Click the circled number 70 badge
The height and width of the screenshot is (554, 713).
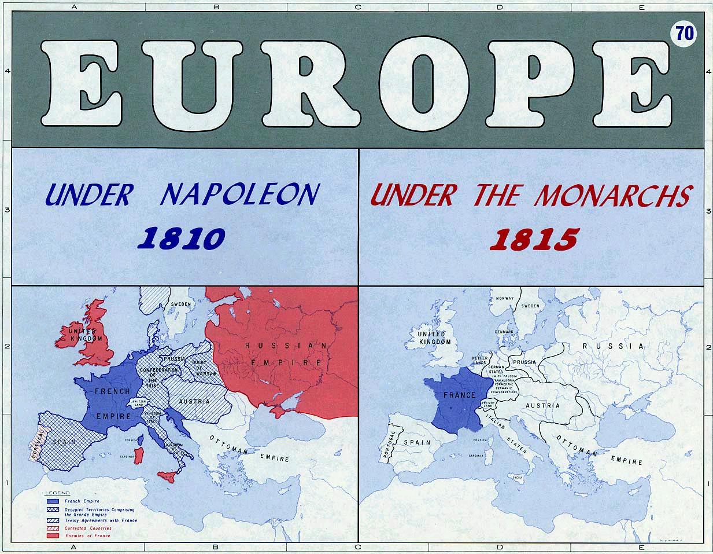click(x=684, y=34)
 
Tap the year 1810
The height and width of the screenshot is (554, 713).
click(x=183, y=238)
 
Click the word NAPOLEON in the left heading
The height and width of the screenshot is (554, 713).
click(x=238, y=195)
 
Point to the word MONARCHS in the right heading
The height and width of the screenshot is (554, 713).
click(x=612, y=196)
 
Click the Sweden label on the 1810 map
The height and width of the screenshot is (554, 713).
click(x=181, y=304)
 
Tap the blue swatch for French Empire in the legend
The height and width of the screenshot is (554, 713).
click(x=53, y=501)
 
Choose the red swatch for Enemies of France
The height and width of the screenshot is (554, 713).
click(x=53, y=535)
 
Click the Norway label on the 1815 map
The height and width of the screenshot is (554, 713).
click(x=505, y=299)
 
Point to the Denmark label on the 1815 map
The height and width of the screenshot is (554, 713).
click(x=504, y=332)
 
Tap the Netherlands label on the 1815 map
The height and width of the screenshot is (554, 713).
click(x=481, y=361)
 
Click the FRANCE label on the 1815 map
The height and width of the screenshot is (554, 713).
click(x=459, y=395)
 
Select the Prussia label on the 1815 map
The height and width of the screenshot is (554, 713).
click(x=524, y=362)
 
